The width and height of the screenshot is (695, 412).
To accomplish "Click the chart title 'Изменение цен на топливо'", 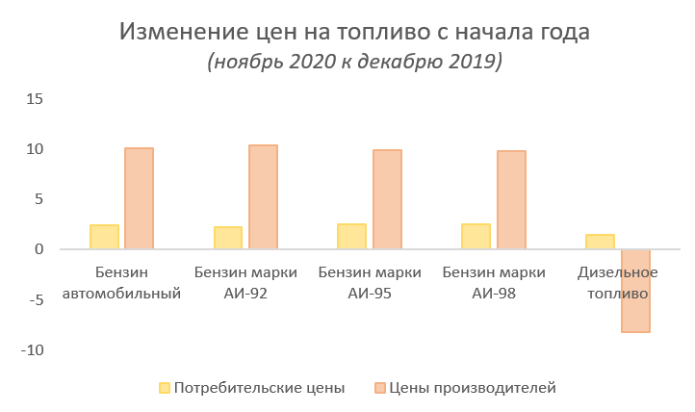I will (x=354, y=32).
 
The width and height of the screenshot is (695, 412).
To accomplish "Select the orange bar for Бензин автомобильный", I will (x=139, y=198).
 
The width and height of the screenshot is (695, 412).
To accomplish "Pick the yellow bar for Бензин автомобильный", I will (x=104, y=237).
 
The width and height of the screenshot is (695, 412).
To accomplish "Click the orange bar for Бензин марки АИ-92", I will (x=263, y=196).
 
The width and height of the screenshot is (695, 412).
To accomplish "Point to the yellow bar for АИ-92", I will (x=228, y=238).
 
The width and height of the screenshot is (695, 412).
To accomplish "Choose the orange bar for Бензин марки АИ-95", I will (x=387, y=199).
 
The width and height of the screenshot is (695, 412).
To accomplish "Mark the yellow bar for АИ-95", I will (x=352, y=237).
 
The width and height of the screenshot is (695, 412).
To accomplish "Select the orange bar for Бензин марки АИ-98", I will (x=511, y=199).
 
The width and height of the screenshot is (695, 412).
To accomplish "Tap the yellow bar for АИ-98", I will (x=476, y=237).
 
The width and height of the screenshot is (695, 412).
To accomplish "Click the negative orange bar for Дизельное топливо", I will (x=635, y=290).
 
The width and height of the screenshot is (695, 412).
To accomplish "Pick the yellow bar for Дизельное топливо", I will (x=601, y=242).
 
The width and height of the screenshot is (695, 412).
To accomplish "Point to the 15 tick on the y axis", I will (x=36, y=99).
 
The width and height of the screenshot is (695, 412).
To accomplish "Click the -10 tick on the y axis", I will (x=32, y=349).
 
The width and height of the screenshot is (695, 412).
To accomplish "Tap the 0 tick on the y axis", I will (x=39, y=249).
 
